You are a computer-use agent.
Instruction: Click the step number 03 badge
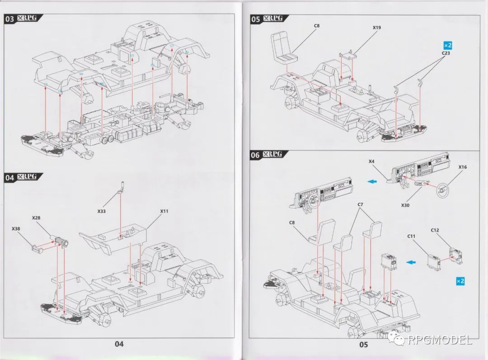click(9, 19)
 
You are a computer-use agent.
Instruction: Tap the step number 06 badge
click(255, 155)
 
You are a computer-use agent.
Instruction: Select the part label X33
click(102, 211)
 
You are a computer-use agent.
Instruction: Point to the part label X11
click(164, 211)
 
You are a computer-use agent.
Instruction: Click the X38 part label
click(16, 228)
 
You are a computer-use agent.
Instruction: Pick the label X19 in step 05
click(376, 28)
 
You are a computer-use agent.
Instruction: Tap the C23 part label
click(446, 53)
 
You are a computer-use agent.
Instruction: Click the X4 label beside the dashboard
click(371, 161)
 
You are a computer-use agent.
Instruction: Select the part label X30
click(405, 205)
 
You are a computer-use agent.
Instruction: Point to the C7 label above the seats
click(360, 204)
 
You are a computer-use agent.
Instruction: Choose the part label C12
click(435, 230)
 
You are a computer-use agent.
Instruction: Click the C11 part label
click(411, 237)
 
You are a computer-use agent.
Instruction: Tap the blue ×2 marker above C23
click(447, 46)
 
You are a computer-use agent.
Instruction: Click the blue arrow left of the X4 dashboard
click(373, 181)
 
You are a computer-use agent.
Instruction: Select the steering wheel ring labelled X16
click(442, 190)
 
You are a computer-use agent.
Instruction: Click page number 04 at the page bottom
click(119, 344)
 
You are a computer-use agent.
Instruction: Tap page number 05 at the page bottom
click(363, 345)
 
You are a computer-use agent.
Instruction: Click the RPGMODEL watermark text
click(440, 340)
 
